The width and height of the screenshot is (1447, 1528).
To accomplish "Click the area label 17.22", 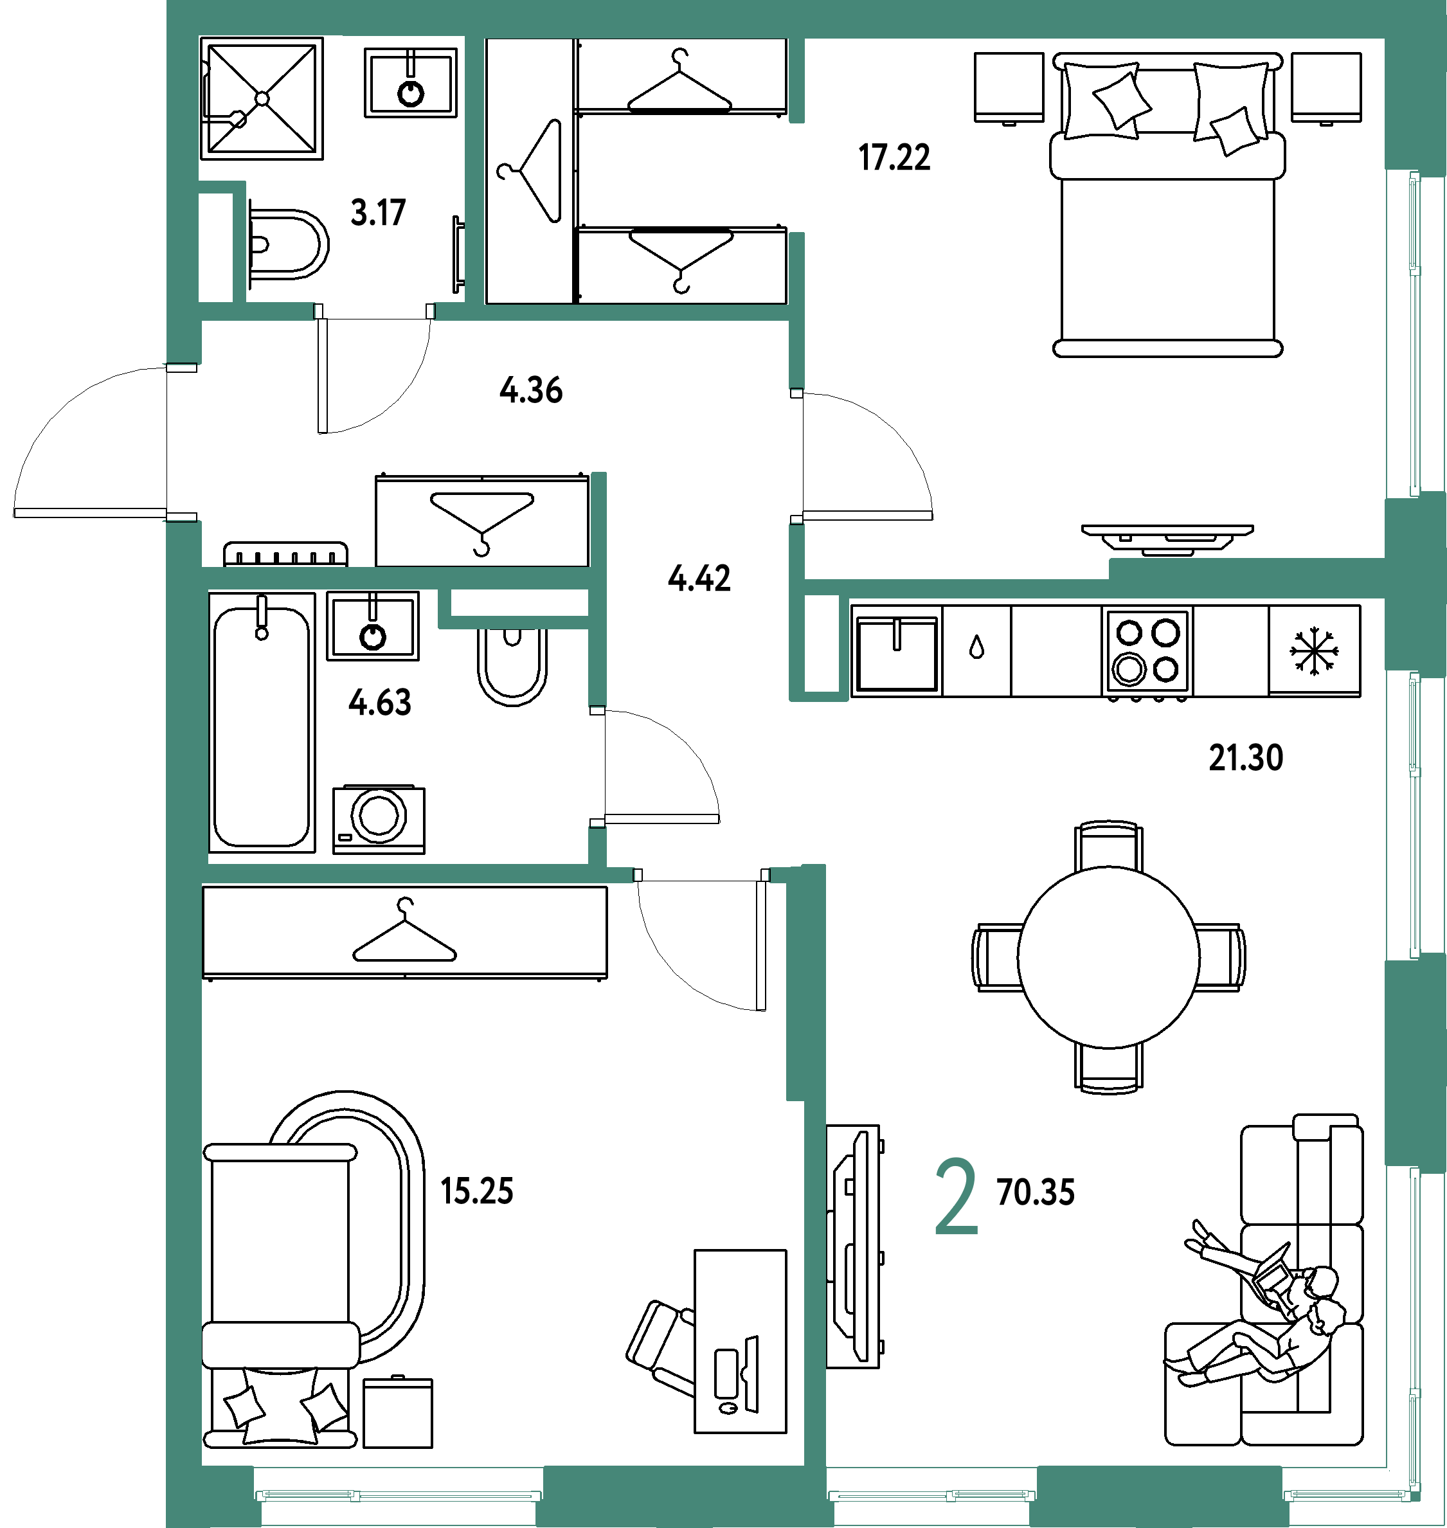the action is click(x=894, y=157).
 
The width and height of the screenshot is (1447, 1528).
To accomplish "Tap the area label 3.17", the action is click(x=378, y=213).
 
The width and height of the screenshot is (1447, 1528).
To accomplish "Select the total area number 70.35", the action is click(x=1035, y=1192).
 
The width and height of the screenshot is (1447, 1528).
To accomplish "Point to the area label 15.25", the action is click(x=477, y=1192).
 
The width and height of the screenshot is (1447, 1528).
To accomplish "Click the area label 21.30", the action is click(x=1246, y=759).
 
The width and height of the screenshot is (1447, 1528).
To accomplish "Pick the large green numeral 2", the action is click(x=957, y=1197).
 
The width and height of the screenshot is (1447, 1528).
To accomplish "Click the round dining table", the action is click(x=1108, y=957).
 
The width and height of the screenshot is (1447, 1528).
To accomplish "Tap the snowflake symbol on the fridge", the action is click(x=1315, y=651).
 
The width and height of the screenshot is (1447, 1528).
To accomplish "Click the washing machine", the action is click(x=379, y=819).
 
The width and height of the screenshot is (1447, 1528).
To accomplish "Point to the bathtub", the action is click(x=262, y=723).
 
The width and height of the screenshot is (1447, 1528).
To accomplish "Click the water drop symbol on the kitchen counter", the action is click(x=977, y=647).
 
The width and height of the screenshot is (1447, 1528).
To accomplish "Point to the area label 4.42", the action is click(x=699, y=579).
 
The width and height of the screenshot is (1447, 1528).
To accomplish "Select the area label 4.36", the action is click(x=531, y=390).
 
